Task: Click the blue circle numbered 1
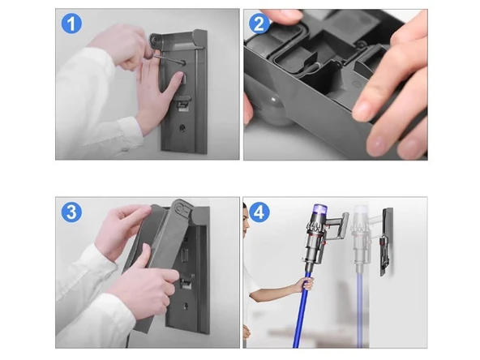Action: pyautogui.click(x=71, y=24)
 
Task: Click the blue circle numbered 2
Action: pyautogui.click(x=259, y=24)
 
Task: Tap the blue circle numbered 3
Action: pyautogui.click(x=71, y=212)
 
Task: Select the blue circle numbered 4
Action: pyautogui.click(x=259, y=212)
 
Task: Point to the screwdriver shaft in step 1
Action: pyautogui.click(x=169, y=60)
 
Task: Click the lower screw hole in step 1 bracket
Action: pyautogui.click(x=182, y=127)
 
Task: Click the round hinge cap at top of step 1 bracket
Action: pyautogui.click(x=155, y=40)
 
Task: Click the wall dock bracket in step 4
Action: pyautogui.click(x=386, y=242)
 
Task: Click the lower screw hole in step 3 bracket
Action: pyautogui.click(x=186, y=306)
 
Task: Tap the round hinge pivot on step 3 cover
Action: pyautogui.click(x=182, y=210)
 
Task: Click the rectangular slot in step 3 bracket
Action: pyautogui.click(x=185, y=255)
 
